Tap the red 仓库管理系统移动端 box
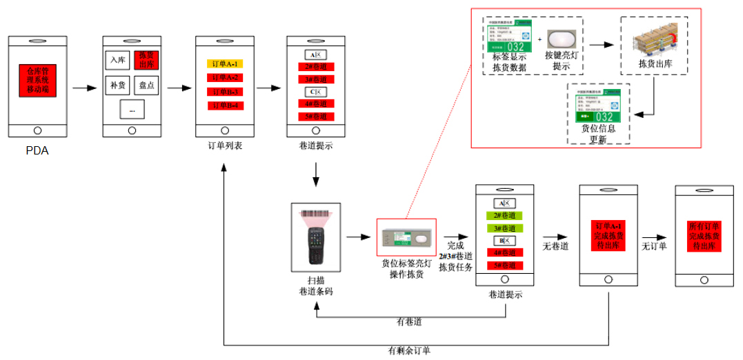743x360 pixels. tap(37, 80)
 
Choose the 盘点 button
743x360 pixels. tap(146, 86)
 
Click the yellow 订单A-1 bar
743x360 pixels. tap(224, 63)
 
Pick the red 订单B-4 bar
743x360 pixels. tap(224, 106)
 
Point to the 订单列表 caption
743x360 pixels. tap(225, 146)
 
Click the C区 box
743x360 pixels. tap(317, 92)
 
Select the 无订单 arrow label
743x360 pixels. tap(654, 246)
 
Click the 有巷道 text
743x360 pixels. tap(409, 322)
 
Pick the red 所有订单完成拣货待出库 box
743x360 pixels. tap(704, 235)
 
